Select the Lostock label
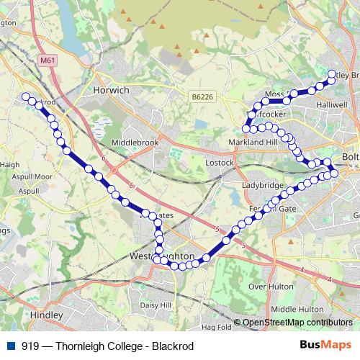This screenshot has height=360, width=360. click(x=219, y=163)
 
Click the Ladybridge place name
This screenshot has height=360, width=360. click(x=261, y=185)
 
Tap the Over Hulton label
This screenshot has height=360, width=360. click(x=267, y=286)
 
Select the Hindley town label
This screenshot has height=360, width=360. click(x=48, y=315)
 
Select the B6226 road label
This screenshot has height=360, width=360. click(x=202, y=96)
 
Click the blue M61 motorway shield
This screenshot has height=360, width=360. click(x=48, y=60)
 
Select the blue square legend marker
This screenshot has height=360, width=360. click(x=9, y=346)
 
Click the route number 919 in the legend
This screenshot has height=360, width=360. click(x=31, y=346)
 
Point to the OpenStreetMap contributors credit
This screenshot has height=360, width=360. click(x=297, y=323)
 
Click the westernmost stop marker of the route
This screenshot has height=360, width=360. click(x=26, y=96)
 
